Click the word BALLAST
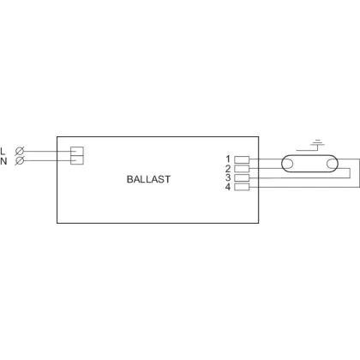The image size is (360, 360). point(148,179)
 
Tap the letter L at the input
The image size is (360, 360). point(3,152)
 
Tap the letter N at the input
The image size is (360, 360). point(3,161)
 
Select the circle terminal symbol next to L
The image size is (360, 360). point(20,151)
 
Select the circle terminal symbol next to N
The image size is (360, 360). point(20,160)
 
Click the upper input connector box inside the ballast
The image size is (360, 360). point(77,151)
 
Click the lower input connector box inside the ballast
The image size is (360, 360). point(77,160)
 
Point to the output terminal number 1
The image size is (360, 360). point(228,159)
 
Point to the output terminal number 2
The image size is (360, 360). point(228,168)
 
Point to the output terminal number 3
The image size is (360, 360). point(228,177)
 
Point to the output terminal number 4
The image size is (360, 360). point(228,187)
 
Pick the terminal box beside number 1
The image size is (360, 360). point(242,159)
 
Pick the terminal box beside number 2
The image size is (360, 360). point(242,169)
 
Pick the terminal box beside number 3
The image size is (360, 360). point(242,177)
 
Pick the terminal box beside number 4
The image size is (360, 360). point(242,187)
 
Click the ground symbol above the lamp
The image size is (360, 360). point(317,143)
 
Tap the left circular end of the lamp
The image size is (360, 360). point(287,164)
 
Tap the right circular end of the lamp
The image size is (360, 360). point(333,164)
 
